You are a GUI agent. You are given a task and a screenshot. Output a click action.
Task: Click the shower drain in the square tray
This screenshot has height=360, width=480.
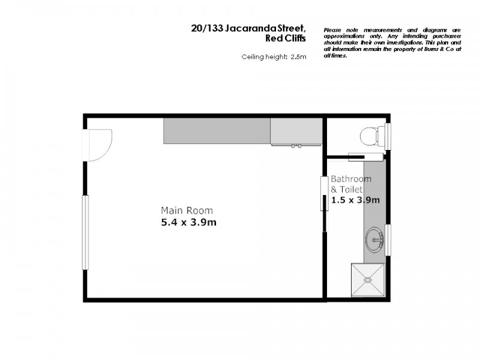pos(368,280)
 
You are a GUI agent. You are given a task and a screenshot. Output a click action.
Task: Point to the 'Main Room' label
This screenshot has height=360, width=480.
pos(187,211)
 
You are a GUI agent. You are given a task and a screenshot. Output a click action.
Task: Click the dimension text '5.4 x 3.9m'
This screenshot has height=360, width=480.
pos(188,223)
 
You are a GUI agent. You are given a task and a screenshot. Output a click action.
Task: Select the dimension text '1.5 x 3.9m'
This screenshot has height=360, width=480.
pos(356,200)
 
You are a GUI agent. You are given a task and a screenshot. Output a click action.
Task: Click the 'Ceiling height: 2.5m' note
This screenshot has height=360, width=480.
pos(274,57)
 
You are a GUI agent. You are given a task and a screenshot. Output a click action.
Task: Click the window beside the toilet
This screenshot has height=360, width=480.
pos(388,137)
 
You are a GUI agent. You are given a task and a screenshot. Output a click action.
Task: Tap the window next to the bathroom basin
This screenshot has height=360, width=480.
pos(388,239)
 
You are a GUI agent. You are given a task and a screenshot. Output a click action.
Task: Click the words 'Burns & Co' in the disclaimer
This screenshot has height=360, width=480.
pos(430,50)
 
